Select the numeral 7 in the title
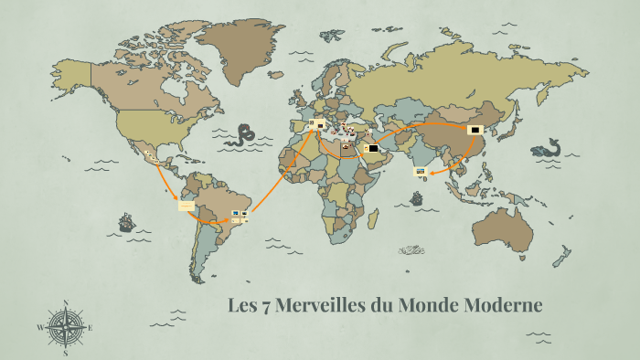pos(264,305)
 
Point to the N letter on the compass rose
pos(65,302)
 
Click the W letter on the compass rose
pos(41,326)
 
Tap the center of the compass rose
pos(65,325)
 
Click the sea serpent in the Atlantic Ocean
pos(243,135)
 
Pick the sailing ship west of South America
pos(126,222)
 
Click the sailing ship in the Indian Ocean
pos(418,197)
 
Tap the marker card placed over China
pos(475,130)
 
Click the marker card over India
pos(420,171)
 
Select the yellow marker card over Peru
pos(186,206)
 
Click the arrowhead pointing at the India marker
pos(430,170)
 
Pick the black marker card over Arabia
pos(373,148)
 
